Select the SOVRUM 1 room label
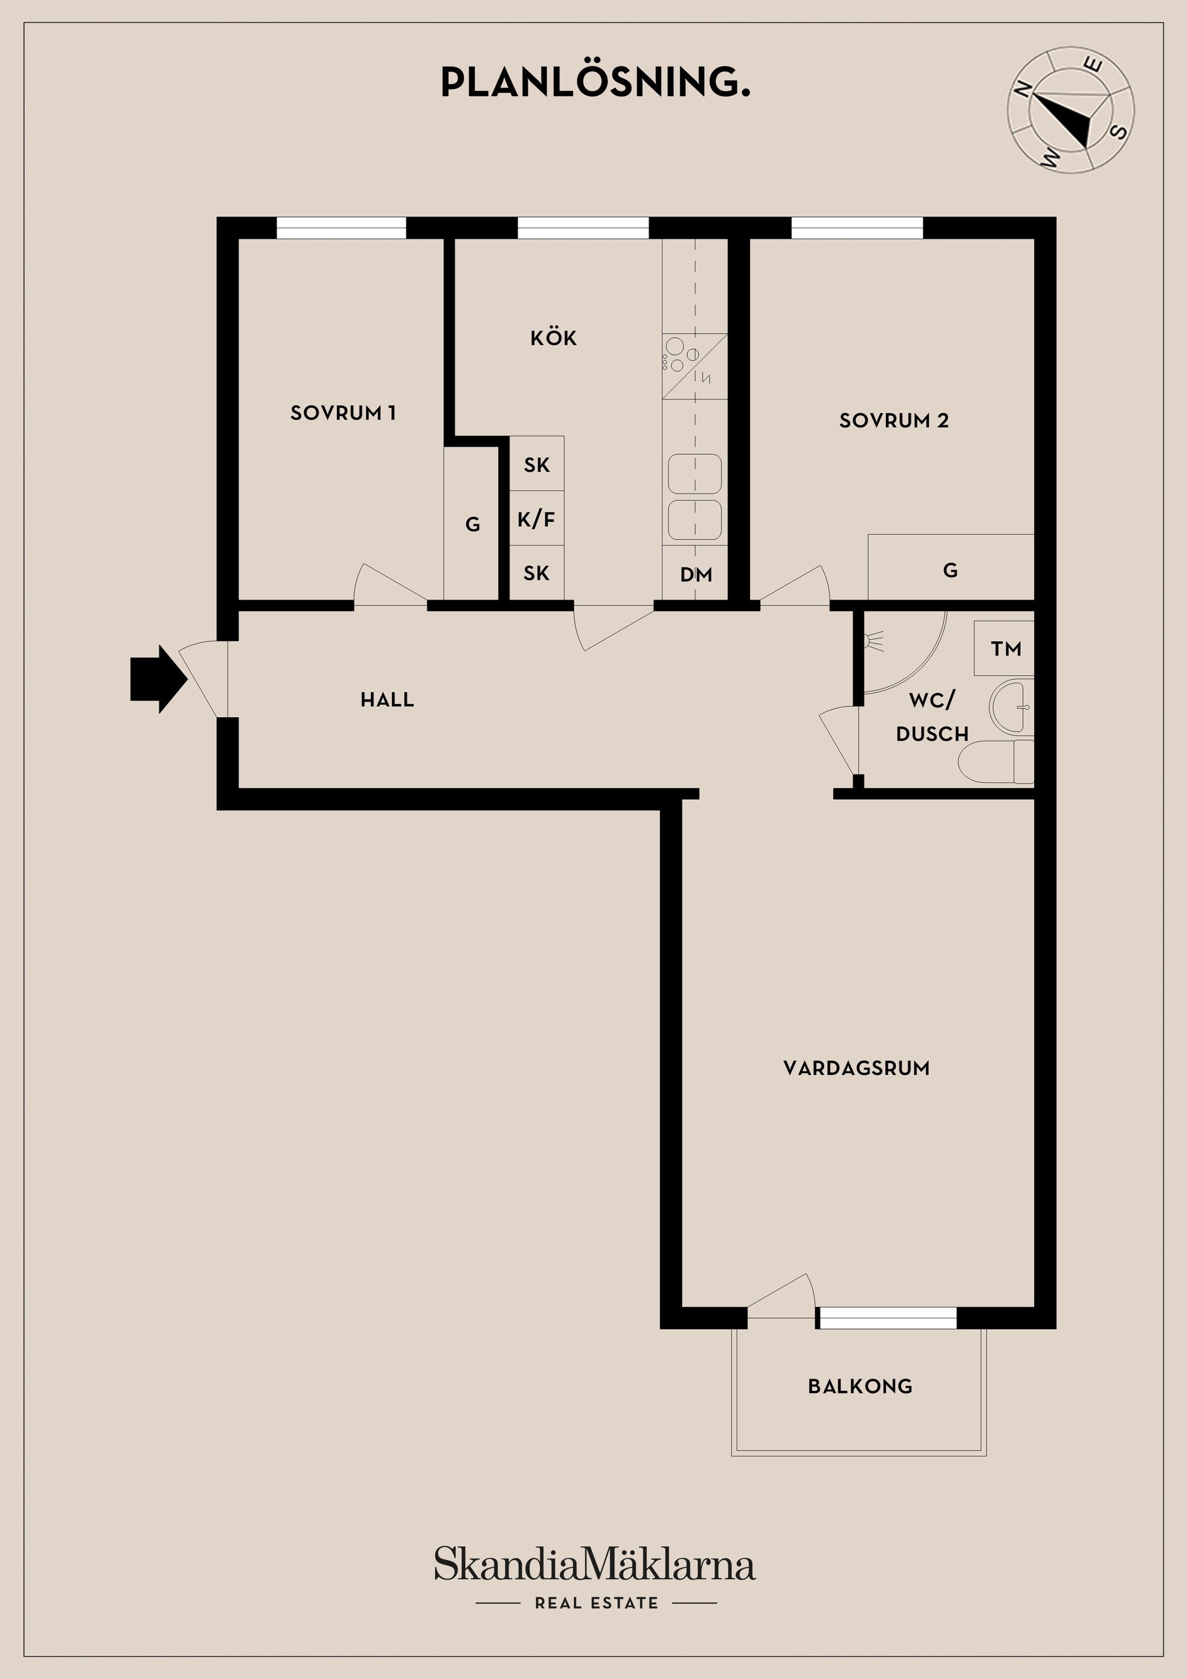[x=343, y=413]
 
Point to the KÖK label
[x=554, y=338]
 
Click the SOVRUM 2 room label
[x=894, y=420]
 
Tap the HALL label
[x=387, y=700]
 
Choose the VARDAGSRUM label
[x=856, y=1068]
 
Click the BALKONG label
[x=860, y=1387]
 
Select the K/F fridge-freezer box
[x=537, y=519]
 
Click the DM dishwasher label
[x=696, y=575]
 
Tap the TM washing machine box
[x=1004, y=648]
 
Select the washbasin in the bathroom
[x=1011, y=707]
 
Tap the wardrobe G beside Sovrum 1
[x=472, y=524]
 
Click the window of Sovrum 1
[x=341, y=228]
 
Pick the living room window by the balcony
[x=887, y=1318]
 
